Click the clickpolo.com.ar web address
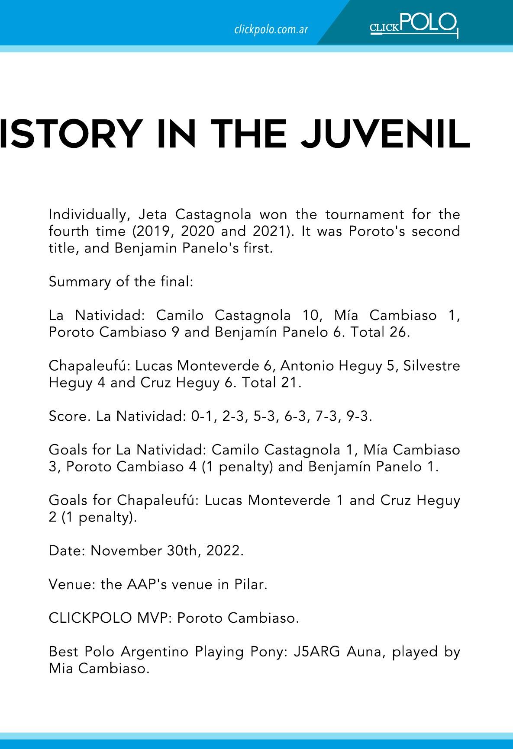pos(271,30)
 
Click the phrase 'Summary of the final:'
pos(121,282)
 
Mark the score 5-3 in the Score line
pos(266,416)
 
